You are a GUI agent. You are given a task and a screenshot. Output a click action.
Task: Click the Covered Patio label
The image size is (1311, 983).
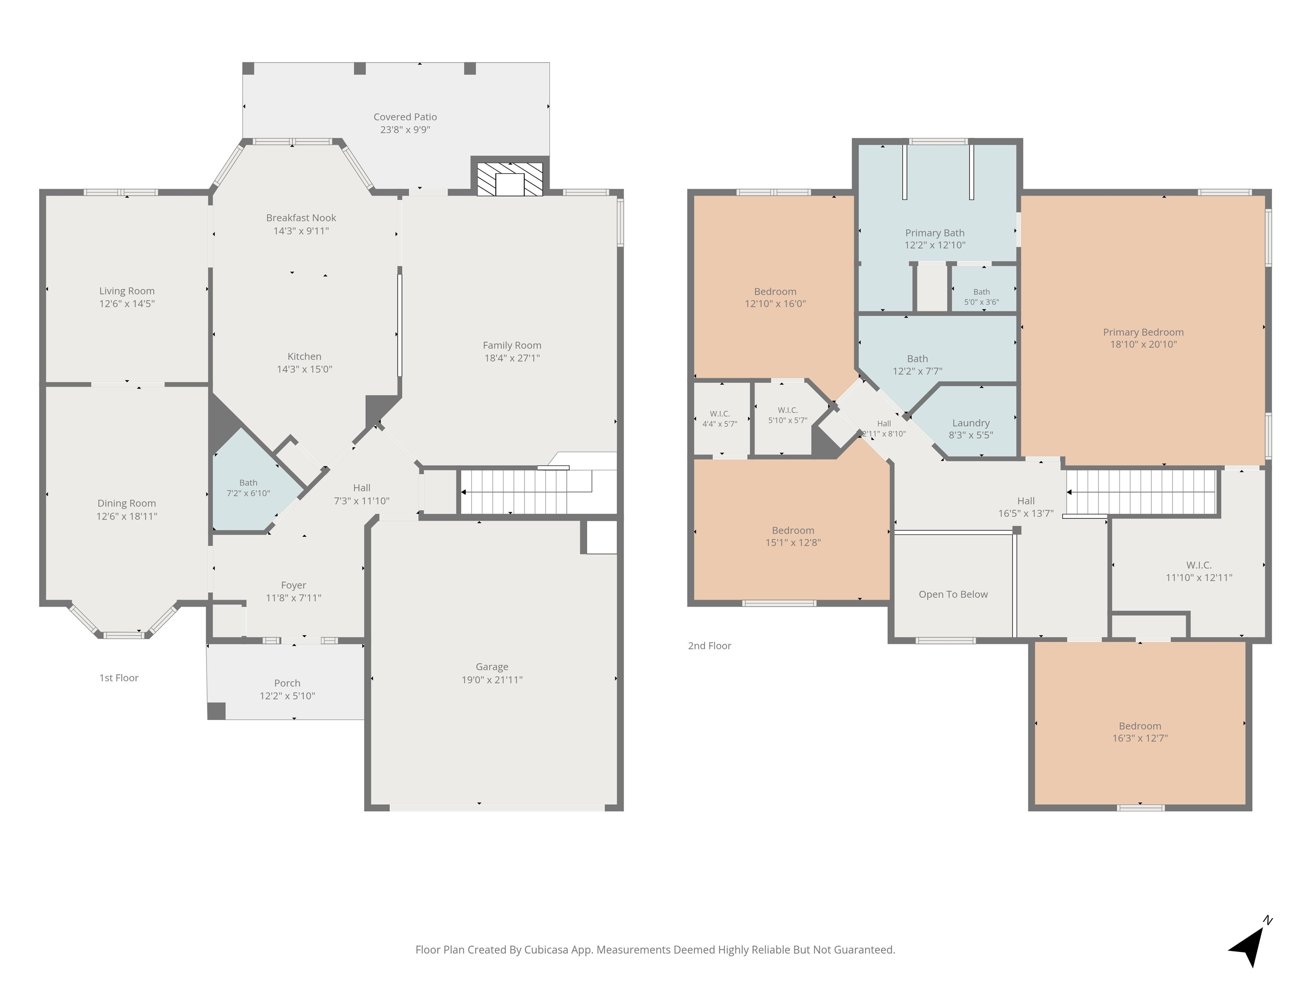[405, 117]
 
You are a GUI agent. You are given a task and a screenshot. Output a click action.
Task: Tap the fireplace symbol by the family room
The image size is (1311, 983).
[510, 179]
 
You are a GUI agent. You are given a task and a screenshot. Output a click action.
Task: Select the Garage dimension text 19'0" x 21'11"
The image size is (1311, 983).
[492, 680]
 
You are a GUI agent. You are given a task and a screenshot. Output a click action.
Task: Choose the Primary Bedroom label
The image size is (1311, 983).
[1143, 332]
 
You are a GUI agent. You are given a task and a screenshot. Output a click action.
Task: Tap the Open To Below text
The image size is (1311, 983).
[953, 594]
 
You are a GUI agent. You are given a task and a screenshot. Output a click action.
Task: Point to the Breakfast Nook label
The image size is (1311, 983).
[301, 218]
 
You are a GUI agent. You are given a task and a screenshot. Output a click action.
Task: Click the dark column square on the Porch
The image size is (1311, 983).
[216, 711]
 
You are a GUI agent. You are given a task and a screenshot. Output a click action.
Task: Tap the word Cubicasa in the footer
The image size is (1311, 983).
[546, 950]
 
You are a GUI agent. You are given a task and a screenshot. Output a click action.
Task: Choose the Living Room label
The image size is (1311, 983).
[127, 291]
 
